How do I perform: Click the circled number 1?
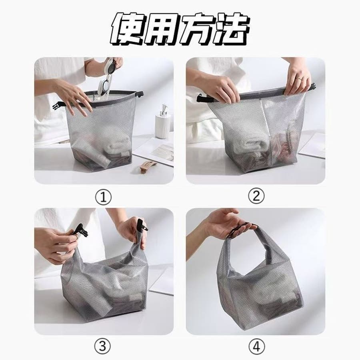point(103,197)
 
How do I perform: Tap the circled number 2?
point(256,196)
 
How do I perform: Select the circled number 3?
point(102,346)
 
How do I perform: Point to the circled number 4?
point(256,346)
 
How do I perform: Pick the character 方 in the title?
point(198,28)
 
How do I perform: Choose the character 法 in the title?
point(231,28)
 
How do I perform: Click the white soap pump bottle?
point(162,122)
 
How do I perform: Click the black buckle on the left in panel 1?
point(58,106)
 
